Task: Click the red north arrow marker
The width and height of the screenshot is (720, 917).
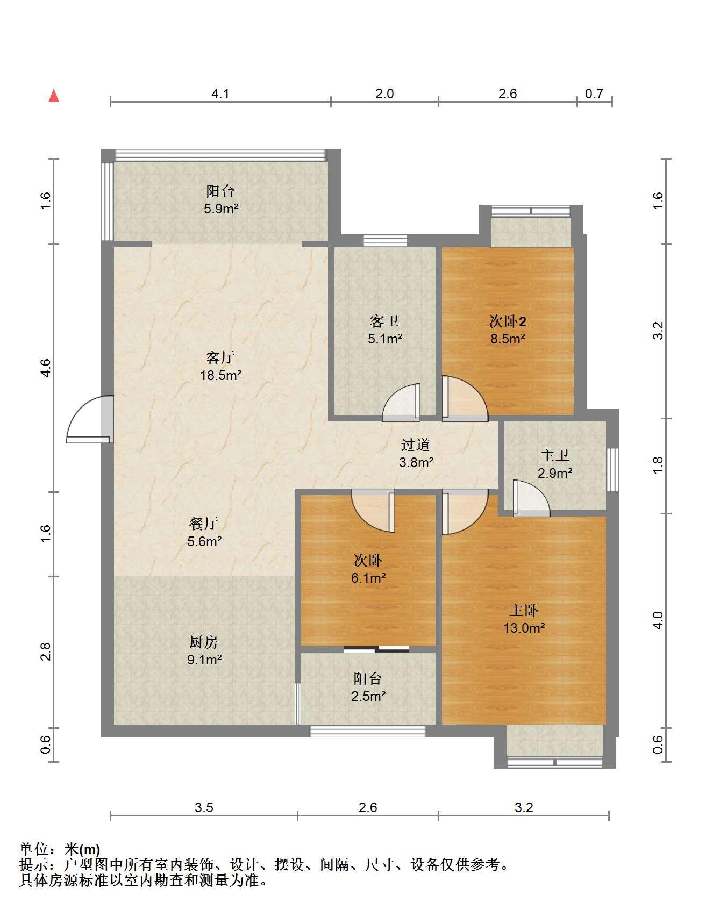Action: (x=54, y=96)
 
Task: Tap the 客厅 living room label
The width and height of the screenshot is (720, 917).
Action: (x=220, y=357)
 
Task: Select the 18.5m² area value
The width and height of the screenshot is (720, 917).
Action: (x=220, y=375)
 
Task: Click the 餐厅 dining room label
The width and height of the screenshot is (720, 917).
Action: (x=204, y=524)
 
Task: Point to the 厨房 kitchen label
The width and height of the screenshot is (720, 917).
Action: (x=204, y=642)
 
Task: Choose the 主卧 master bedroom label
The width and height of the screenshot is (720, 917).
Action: (x=524, y=610)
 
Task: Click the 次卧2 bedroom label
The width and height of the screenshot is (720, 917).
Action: (x=508, y=321)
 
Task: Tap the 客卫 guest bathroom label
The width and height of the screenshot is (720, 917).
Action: (x=384, y=321)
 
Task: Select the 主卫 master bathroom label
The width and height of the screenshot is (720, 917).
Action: (x=555, y=455)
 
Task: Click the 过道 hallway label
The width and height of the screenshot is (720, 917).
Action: (x=416, y=445)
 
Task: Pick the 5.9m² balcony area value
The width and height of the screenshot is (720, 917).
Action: (x=220, y=209)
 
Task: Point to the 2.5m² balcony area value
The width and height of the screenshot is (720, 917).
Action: (x=368, y=696)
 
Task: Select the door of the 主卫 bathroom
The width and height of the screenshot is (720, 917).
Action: (x=531, y=498)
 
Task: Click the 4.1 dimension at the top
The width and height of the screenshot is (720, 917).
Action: (x=220, y=94)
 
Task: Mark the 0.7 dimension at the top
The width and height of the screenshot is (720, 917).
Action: (x=594, y=94)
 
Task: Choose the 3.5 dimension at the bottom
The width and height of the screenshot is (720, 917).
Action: (x=204, y=807)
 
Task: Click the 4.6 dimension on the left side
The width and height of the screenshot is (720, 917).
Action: (x=46, y=368)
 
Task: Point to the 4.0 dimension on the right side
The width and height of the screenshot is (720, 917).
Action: (x=659, y=620)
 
